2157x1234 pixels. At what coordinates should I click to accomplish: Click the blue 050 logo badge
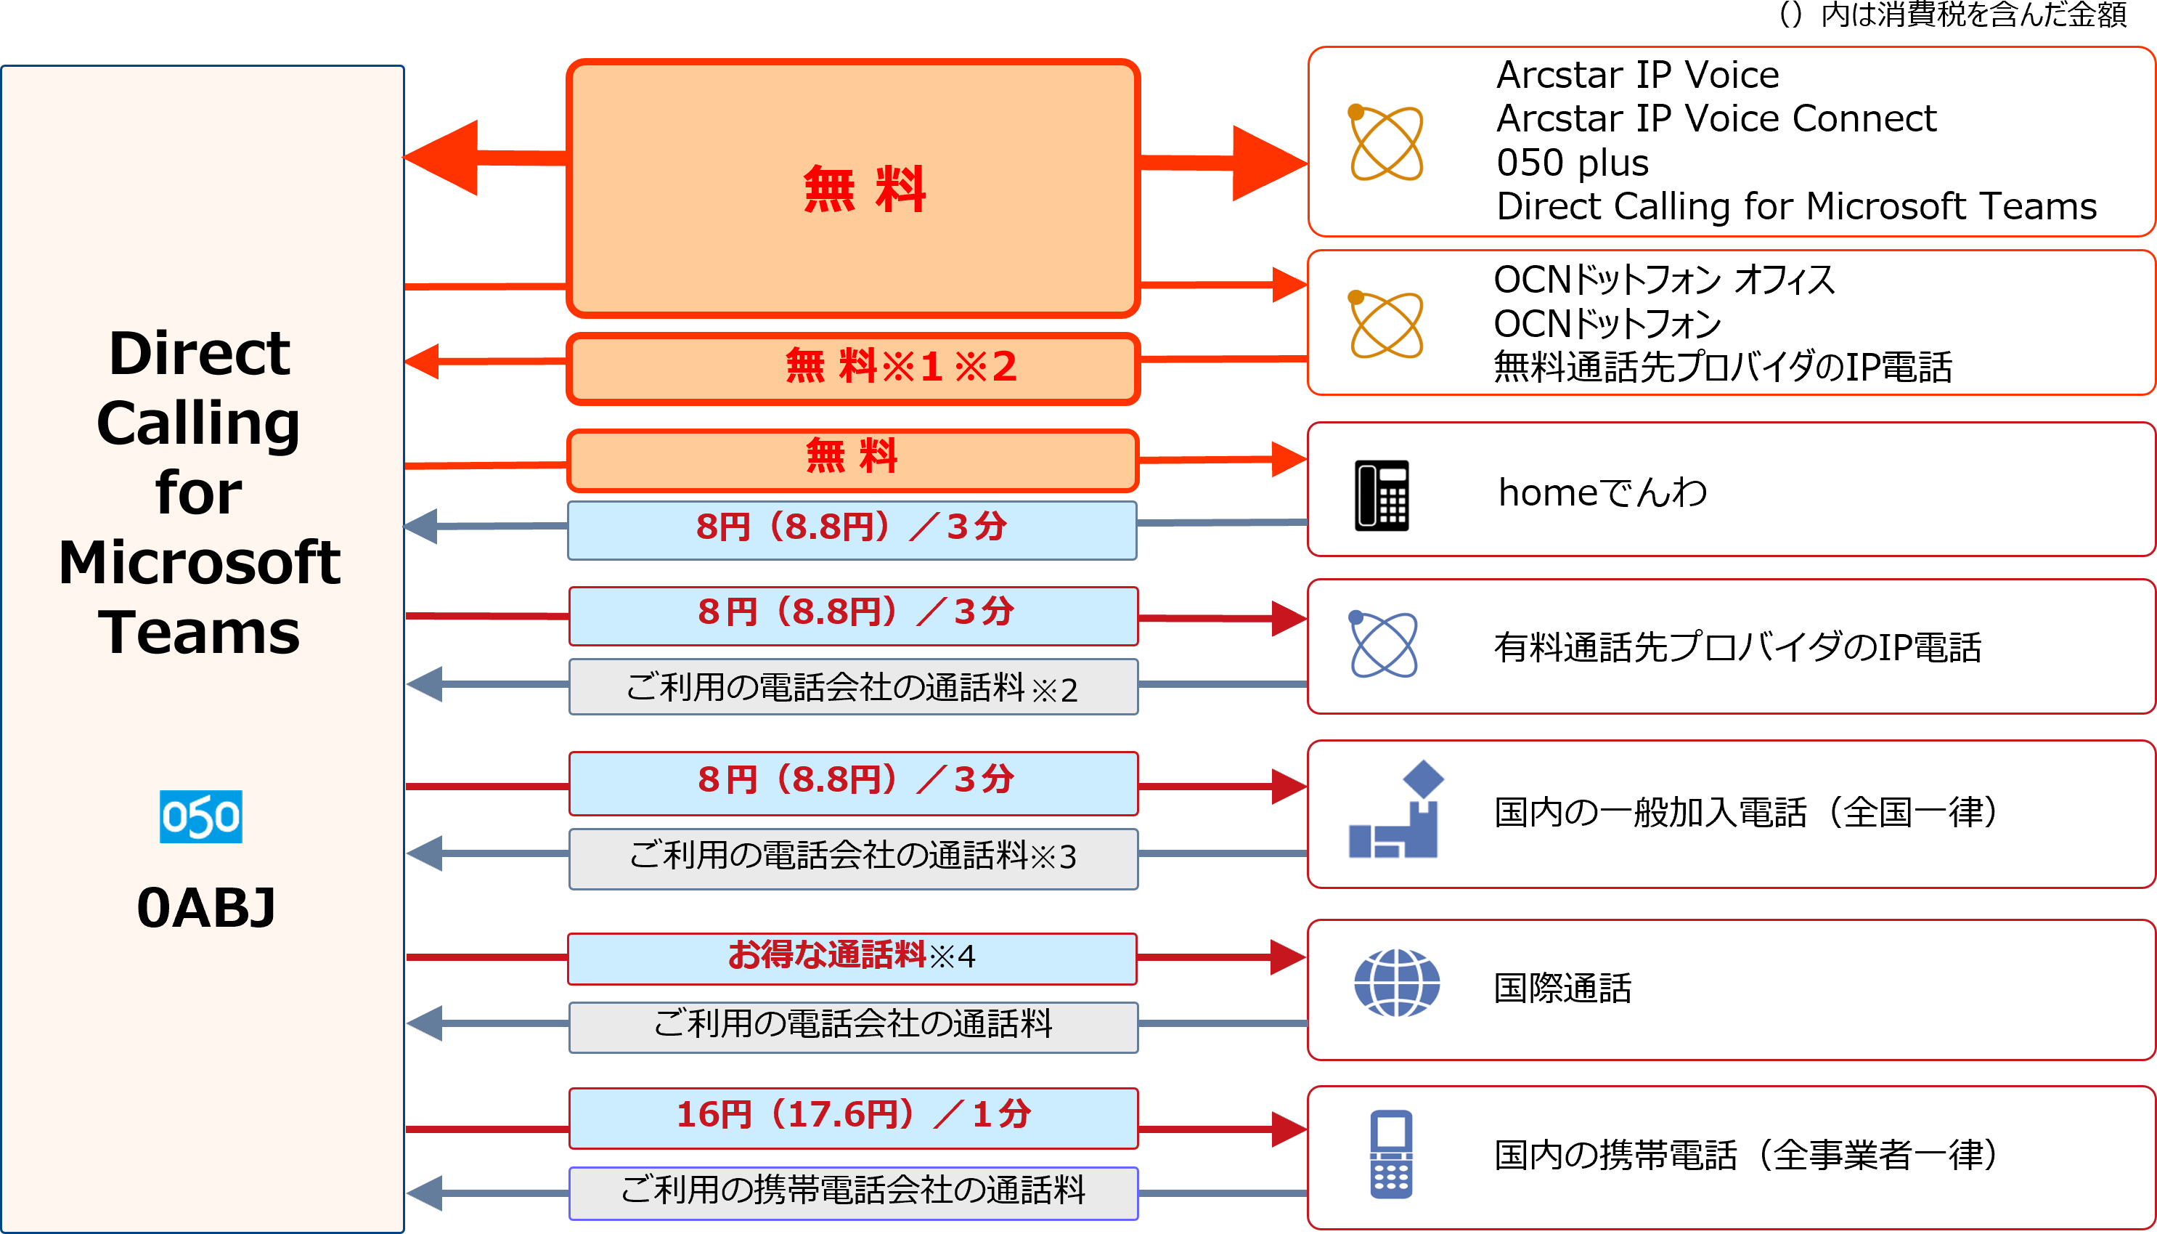click(x=201, y=817)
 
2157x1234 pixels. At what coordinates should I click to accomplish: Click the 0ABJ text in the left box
click(x=206, y=908)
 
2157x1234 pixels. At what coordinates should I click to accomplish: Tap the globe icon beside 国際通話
click(x=1396, y=983)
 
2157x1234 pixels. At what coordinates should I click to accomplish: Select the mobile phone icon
click(x=1391, y=1153)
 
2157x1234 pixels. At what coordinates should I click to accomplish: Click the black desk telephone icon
click(x=1382, y=496)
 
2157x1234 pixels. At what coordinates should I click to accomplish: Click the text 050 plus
click(x=1573, y=163)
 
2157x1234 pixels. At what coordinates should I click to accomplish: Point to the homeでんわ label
click(x=1603, y=492)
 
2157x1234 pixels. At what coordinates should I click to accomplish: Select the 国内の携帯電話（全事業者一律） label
click(x=1745, y=1154)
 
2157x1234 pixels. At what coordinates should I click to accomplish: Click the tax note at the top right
click(x=1953, y=15)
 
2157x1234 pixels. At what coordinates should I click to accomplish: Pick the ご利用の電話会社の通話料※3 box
click(x=853, y=858)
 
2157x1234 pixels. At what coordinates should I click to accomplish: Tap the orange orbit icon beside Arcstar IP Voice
click(x=1385, y=142)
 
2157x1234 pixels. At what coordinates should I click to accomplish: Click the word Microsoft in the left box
click(x=200, y=563)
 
